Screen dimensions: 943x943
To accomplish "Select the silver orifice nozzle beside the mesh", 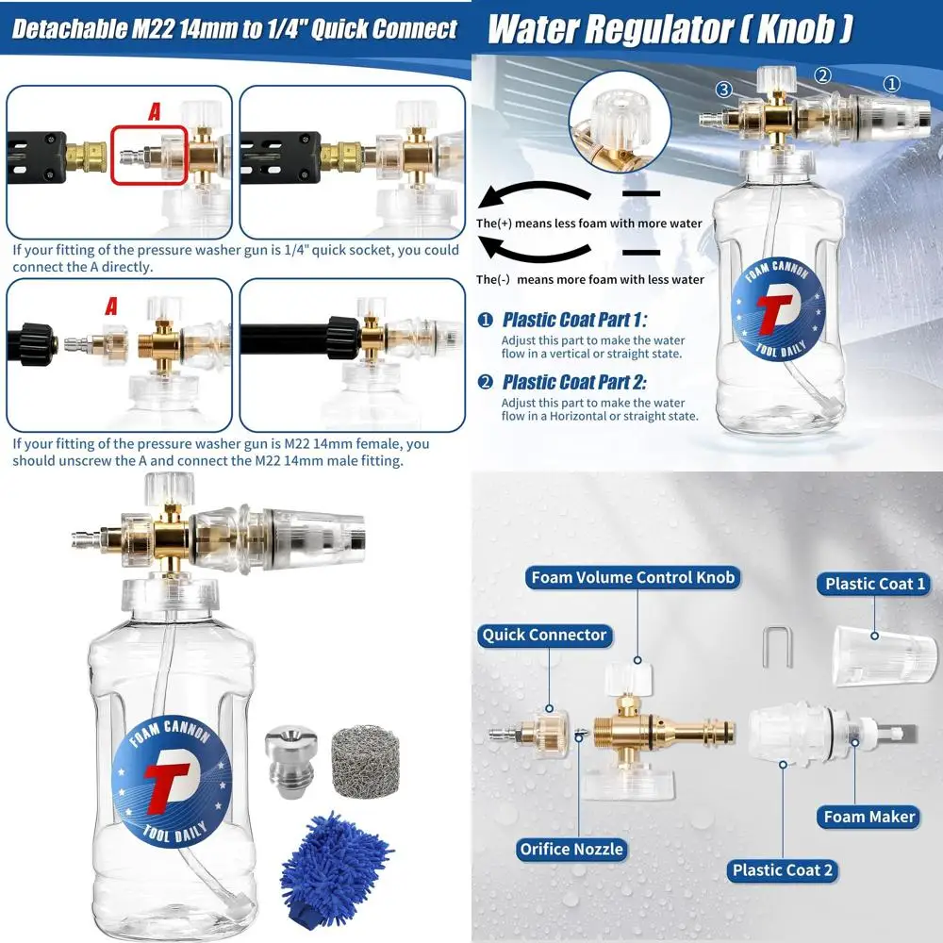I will coord(290,759).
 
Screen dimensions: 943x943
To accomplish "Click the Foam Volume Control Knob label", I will coord(632,577).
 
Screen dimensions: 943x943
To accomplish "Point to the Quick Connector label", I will coord(544,635).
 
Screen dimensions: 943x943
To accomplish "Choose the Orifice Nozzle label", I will coord(571,849).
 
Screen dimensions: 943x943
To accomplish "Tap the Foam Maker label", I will coord(869,817).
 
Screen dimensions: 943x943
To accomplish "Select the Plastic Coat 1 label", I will coord(876,584).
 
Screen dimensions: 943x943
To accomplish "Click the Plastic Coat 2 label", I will coord(783,870).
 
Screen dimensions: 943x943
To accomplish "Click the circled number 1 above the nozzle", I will coord(891,84).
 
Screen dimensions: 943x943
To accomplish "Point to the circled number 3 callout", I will coord(724,90).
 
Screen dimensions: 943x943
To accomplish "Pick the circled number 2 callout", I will coord(822,74).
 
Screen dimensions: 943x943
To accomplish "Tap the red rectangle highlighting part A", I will coord(149,153).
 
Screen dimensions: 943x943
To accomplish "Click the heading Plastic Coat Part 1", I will coord(573,321).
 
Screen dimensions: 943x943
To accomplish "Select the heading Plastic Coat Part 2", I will coord(573,382).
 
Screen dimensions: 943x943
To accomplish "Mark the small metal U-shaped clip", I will coord(777,647).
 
